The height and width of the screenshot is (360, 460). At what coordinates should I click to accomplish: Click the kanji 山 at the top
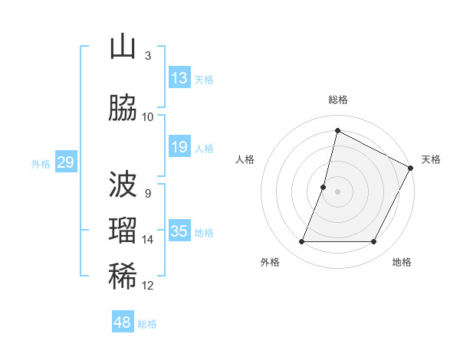coord(123,47)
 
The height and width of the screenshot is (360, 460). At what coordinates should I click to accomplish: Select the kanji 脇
coord(123,108)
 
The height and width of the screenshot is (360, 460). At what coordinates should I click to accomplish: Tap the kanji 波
coord(123,185)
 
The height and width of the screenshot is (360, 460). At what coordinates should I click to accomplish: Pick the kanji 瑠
coord(123,231)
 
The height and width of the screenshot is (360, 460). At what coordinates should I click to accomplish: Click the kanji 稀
coord(123,277)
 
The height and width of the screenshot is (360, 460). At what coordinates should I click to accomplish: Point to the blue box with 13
coord(179,78)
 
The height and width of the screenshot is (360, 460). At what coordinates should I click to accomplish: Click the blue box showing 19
coord(179,147)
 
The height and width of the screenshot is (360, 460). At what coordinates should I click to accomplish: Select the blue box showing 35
coord(179,231)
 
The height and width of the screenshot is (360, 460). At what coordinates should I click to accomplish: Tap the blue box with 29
coord(66,162)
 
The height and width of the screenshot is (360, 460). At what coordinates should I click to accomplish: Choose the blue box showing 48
coord(123,322)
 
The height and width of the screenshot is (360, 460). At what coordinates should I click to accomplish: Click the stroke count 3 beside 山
coord(148,56)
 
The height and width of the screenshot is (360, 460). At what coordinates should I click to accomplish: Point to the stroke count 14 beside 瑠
coord(148,240)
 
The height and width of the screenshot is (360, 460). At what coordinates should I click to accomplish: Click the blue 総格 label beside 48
coord(147,324)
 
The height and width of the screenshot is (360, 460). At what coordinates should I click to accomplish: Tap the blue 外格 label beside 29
coord(41,163)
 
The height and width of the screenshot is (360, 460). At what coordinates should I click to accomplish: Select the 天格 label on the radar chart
coord(431,159)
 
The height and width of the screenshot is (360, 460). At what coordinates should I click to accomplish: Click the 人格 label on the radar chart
coord(245,159)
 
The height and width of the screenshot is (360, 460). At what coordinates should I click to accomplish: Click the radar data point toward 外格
coord(301,242)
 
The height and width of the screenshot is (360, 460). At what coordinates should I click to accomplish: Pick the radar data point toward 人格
coord(324,187)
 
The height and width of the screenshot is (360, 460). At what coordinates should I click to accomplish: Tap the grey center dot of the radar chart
coord(337,191)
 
